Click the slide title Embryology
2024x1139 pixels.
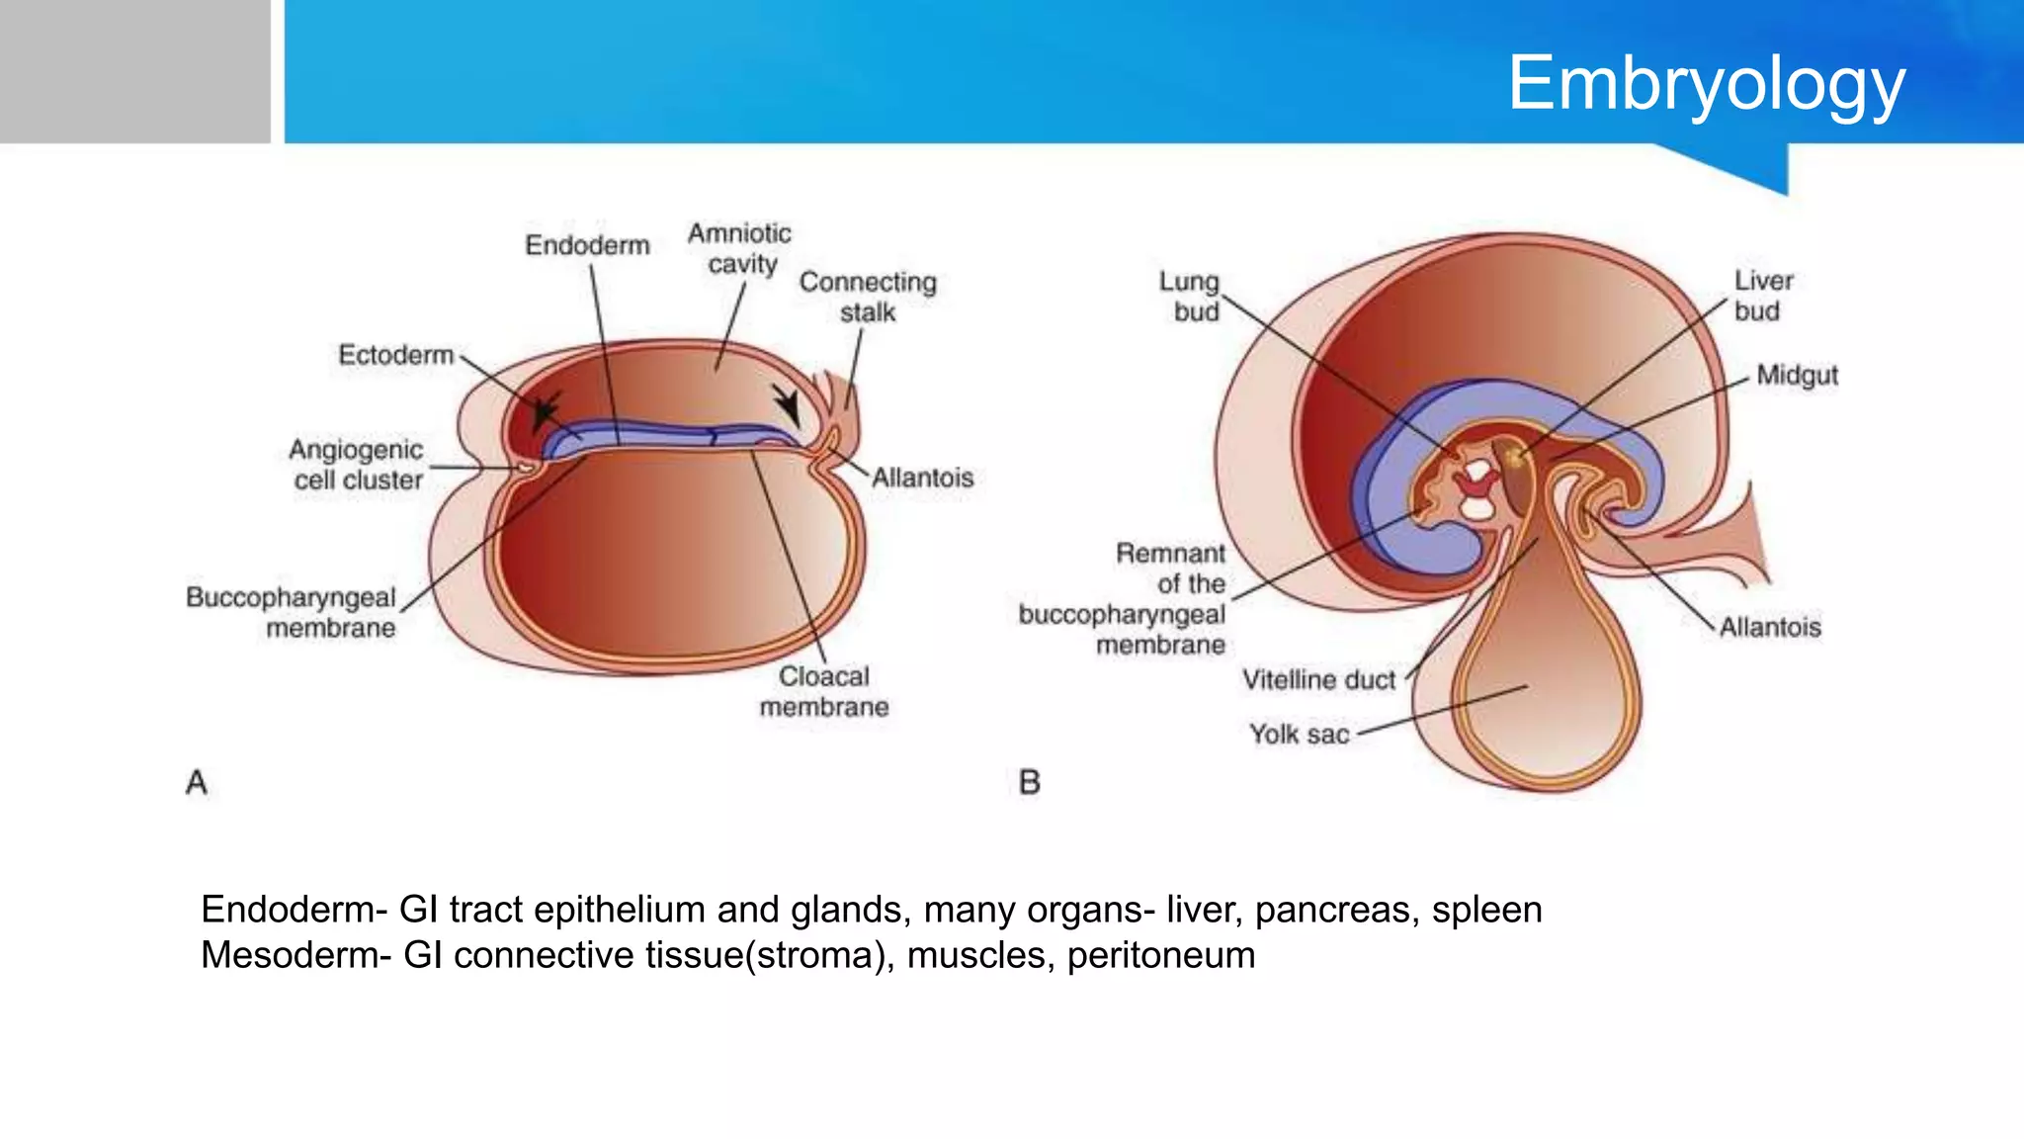click(1706, 85)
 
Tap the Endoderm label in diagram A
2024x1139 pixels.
click(587, 245)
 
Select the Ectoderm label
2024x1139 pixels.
click(395, 355)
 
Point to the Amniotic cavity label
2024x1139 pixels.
click(740, 249)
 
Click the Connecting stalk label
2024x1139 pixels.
click(868, 297)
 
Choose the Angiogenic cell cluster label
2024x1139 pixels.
click(357, 465)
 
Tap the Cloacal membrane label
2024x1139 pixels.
click(824, 691)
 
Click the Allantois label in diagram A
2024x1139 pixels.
click(922, 479)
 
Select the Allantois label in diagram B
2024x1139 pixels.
click(1769, 627)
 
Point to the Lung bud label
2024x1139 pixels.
click(1190, 297)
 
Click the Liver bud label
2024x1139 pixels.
click(1762, 296)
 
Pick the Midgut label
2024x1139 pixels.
click(1797, 376)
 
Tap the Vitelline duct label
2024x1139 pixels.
click(1318, 680)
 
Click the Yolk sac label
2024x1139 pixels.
click(1299, 735)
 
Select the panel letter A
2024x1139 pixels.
click(197, 783)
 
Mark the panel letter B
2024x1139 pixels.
click(1029, 783)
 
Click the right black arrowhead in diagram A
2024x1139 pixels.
click(789, 404)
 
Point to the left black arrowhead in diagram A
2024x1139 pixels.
click(544, 410)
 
